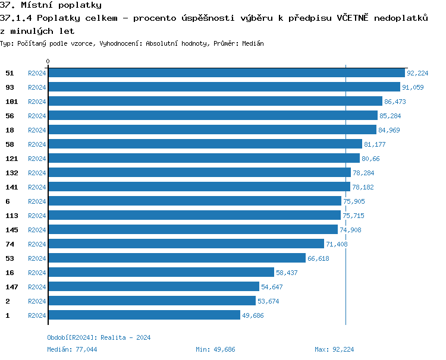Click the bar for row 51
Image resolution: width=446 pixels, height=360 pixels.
(x=226, y=73)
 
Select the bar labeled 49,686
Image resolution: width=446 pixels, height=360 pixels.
(x=144, y=315)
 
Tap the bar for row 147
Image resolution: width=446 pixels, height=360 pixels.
(x=153, y=287)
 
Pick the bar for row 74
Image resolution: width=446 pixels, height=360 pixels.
(x=186, y=244)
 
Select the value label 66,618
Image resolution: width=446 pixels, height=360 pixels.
(x=318, y=258)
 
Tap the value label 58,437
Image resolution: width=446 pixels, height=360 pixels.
(x=286, y=273)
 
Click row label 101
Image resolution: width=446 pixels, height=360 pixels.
(x=12, y=102)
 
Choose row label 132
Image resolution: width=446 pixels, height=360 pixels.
(x=12, y=173)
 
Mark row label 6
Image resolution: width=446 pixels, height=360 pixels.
(x=8, y=201)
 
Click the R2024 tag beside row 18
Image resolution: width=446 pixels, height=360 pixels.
(x=37, y=130)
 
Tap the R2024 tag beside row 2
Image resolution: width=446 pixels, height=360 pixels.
(x=37, y=301)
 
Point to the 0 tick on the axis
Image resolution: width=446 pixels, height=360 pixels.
(x=48, y=61)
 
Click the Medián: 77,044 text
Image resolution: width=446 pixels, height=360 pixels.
(x=72, y=349)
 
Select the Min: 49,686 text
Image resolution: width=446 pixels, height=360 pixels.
(x=215, y=349)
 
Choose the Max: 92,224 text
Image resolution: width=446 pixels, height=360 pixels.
(x=334, y=349)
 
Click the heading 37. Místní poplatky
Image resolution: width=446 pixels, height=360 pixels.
(x=51, y=5)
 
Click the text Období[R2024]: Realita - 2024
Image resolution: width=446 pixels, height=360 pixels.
(x=99, y=337)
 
